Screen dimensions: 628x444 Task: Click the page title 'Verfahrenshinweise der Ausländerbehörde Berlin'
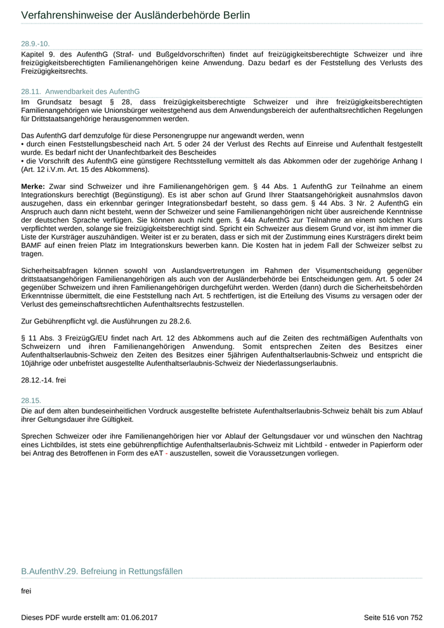[135, 15]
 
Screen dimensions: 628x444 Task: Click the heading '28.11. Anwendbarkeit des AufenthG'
[80, 92]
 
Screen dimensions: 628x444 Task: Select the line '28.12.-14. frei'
[43, 379]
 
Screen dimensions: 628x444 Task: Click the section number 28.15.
[30, 401]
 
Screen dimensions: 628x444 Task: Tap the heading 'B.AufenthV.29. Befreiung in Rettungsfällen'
[101, 572]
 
